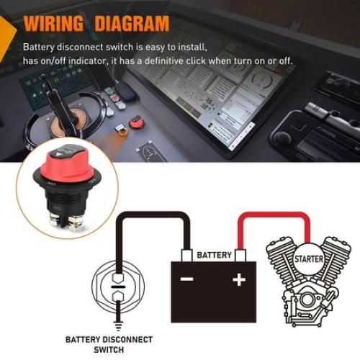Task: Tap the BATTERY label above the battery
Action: click(214, 256)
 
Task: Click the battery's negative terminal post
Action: click(187, 255)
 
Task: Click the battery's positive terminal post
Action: click(240, 255)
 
